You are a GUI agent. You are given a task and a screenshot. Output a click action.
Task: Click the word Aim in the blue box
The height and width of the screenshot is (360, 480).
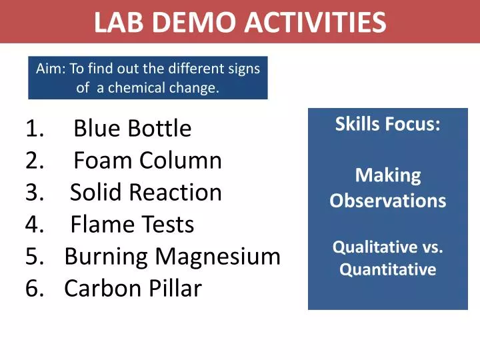[x=48, y=69]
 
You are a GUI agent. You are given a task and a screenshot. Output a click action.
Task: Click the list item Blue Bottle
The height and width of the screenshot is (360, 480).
[x=132, y=128]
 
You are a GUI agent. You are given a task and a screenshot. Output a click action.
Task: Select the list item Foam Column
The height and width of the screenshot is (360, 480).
[x=147, y=160]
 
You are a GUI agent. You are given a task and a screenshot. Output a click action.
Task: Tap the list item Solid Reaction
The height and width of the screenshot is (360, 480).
[x=145, y=192]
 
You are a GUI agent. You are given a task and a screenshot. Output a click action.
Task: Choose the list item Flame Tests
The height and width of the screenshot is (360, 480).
[x=131, y=225]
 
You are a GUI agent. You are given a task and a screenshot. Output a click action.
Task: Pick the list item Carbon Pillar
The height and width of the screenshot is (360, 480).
[x=133, y=288]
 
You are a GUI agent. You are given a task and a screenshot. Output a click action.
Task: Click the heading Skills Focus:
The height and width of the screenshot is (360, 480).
[x=387, y=124]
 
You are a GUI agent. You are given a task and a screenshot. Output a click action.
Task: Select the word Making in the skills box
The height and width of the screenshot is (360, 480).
[x=387, y=175]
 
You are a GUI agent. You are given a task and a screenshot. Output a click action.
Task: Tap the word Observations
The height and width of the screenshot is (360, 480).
[x=387, y=201]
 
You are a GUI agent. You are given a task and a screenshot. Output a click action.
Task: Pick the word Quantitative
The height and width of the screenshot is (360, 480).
[x=387, y=269]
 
